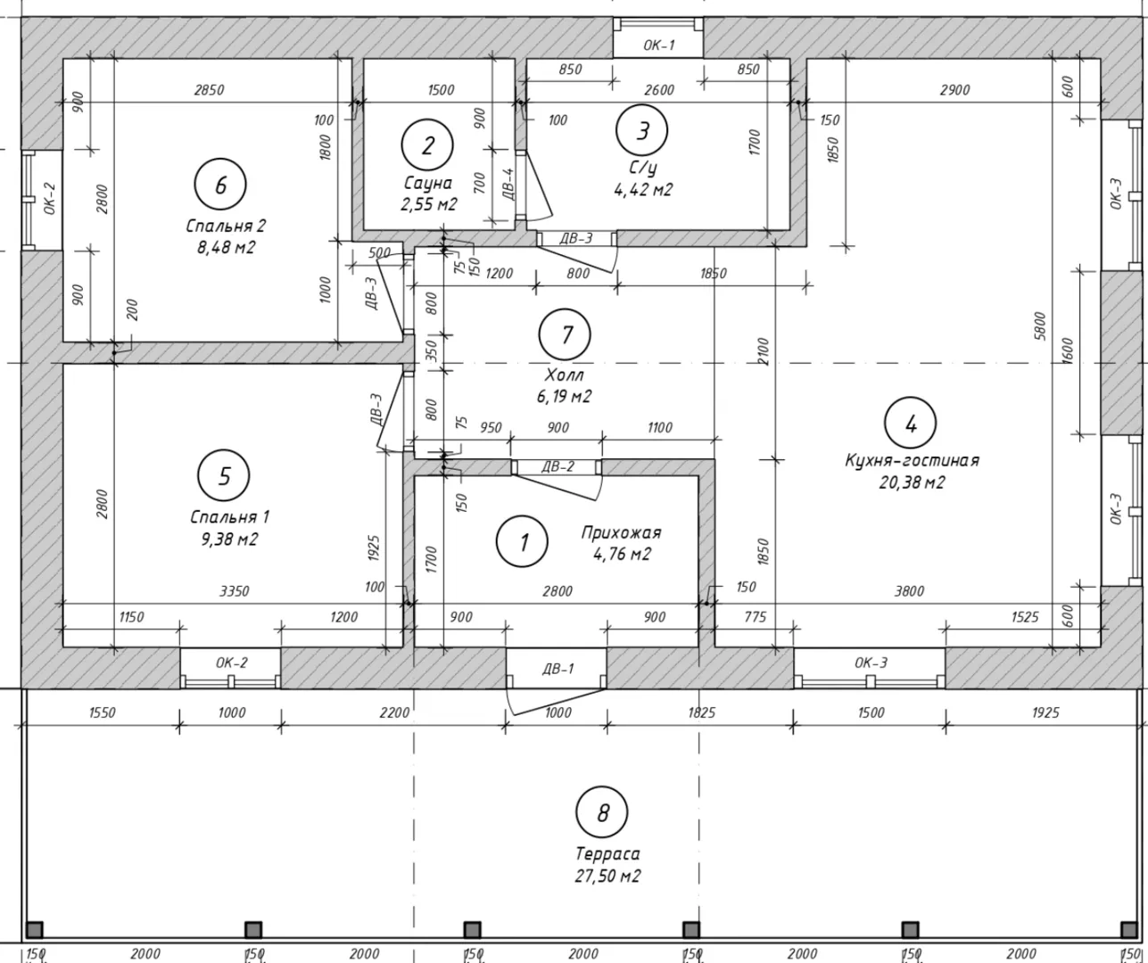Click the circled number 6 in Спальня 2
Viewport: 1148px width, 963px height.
tap(220, 185)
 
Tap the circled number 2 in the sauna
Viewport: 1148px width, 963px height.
tap(427, 145)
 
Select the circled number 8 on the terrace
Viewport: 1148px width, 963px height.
tap(602, 811)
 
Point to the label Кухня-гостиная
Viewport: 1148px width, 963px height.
tap(913, 460)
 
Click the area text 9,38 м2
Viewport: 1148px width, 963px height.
tap(229, 539)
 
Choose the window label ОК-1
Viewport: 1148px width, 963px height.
tap(658, 45)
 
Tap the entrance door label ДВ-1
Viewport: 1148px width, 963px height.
tap(558, 669)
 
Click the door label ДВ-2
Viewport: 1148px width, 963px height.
tap(558, 466)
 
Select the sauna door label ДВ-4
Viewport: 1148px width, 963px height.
tap(508, 184)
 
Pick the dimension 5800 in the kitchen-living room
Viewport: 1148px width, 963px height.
tap(1039, 326)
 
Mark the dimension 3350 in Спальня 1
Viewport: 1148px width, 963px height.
tap(235, 591)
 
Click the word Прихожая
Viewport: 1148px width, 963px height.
tap(622, 532)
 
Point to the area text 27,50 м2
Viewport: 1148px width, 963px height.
tap(607, 876)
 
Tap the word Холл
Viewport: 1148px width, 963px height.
tap(564, 374)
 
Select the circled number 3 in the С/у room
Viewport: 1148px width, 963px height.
tap(641, 131)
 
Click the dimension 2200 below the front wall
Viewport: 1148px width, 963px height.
tap(394, 712)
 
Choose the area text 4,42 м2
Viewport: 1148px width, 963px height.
tap(643, 190)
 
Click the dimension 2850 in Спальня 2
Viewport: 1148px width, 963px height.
tap(209, 89)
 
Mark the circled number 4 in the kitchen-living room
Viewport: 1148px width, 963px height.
tap(911, 424)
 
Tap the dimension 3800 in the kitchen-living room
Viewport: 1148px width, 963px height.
tap(909, 591)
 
